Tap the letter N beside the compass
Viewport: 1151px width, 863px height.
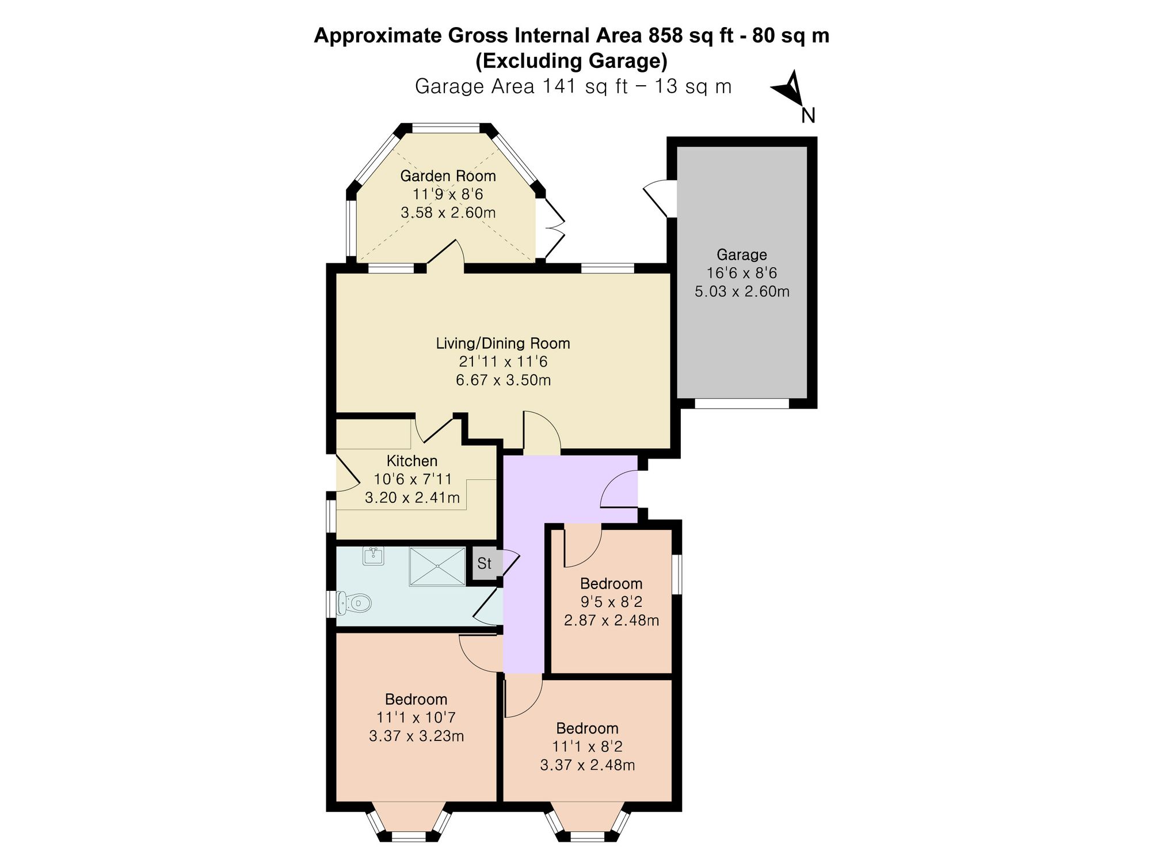coord(808,116)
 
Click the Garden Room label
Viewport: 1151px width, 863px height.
coord(448,175)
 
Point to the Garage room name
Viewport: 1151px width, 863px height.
coord(742,254)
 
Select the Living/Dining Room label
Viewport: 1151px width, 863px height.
coord(503,343)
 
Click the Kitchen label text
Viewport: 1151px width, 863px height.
coord(412,461)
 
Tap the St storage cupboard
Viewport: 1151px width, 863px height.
coord(485,563)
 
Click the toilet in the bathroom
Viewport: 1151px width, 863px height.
coord(355,604)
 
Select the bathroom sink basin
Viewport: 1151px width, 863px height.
coord(374,556)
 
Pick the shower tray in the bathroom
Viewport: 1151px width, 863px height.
coord(437,567)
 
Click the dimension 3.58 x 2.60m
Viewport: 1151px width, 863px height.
coord(448,212)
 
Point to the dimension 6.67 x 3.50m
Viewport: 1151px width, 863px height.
coord(504,380)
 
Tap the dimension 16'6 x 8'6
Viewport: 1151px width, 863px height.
coord(742,273)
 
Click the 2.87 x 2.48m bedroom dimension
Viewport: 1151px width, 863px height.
coord(612,621)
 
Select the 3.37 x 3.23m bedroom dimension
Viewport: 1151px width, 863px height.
coord(417,736)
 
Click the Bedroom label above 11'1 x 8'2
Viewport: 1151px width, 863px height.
coord(588,728)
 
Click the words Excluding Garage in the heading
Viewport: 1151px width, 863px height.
coord(571,60)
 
